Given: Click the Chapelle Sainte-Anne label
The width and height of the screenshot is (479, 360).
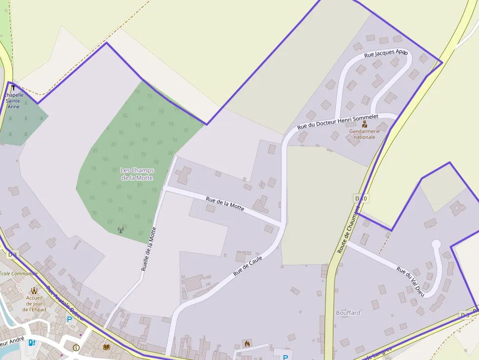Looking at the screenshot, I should pyautogui.click(x=14, y=100).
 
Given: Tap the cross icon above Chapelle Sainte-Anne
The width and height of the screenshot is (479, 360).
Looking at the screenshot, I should pyautogui.click(x=12, y=87).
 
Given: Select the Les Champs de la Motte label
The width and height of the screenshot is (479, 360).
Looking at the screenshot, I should pyautogui.click(x=137, y=174).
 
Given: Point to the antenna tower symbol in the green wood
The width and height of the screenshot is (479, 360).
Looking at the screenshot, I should pyautogui.click(x=121, y=230).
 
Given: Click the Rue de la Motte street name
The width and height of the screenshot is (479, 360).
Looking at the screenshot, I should pyautogui.click(x=225, y=203).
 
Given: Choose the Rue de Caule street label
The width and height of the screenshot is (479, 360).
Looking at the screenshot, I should pyautogui.click(x=248, y=265).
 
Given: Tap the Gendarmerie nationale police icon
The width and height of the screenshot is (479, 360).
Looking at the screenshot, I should pyautogui.click(x=365, y=124).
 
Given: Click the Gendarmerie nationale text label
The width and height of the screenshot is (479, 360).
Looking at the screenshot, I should pyautogui.click(x=365, y=134).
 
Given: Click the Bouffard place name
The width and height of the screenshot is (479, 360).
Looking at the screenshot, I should pyautogui.click(x=348, y=313).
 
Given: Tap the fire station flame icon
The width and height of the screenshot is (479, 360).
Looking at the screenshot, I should pyautogui.click(x=247, y=344).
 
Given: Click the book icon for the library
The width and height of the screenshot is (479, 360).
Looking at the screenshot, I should pyautogui.click(x=107, y=347).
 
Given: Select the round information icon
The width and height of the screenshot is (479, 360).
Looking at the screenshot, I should pyautogui.click(x=76, y=348).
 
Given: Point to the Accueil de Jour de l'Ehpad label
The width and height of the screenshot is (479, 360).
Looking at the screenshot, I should pyautogui.click(x=34, y=303).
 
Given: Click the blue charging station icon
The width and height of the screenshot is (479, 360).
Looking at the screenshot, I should pyautogui.click(x=32, y=342).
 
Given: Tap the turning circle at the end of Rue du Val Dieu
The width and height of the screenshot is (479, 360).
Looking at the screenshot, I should pyautogui.click(x=436, y=244).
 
